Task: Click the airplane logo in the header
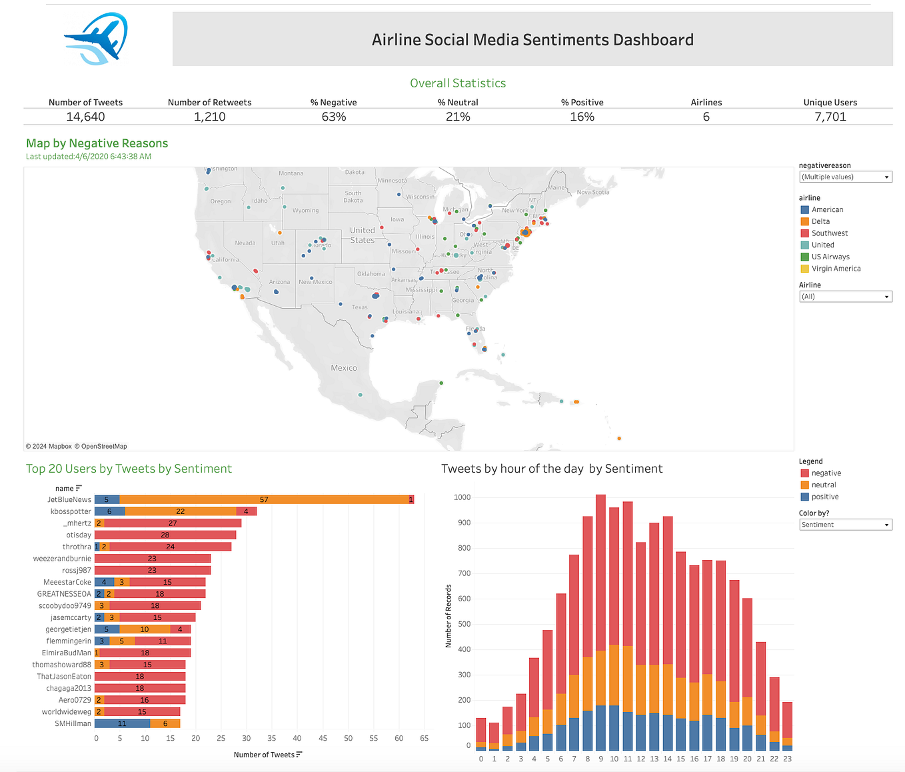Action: tap(96, 39)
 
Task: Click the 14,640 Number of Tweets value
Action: tap(85, 117)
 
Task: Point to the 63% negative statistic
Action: tap(333, 117)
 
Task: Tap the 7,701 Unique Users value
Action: tap(830, 117)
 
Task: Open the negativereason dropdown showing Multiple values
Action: tap(845, 177)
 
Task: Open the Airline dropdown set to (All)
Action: tap(845, 297)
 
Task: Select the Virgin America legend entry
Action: tap(836, 269)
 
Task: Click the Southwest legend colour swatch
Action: tap(804, 233)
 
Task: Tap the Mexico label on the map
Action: tap(344, 368)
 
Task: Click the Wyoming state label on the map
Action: tap(305, 211)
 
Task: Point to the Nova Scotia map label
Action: tap(592, 192)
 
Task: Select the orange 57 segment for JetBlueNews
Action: tap(264, 499)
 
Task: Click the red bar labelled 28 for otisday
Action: tap(165, 535)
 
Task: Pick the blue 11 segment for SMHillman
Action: tap(122, 723)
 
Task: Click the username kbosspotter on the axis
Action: tap(71, 511)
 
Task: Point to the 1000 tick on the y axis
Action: tap(462, 497)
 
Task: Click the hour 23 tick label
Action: tap(787, 759)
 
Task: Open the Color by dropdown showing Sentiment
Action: tap(845, 525)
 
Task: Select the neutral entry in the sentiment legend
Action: tap(824, 485)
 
